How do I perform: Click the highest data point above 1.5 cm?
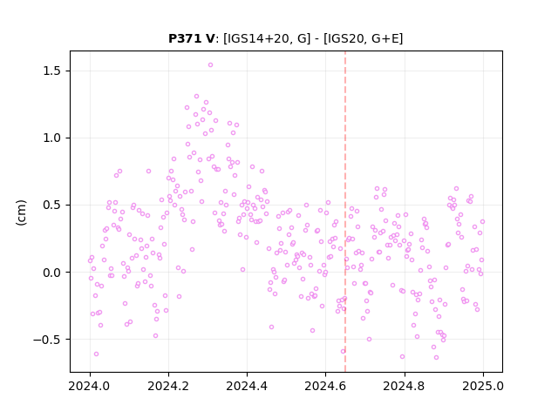210,65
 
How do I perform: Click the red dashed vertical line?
345,212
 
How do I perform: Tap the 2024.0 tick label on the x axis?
90,386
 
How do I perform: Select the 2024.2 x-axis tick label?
168,386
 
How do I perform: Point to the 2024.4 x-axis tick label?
247,386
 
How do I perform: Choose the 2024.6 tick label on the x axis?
325,386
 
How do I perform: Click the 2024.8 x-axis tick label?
404,386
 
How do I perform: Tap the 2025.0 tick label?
483,386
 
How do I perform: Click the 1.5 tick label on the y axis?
53,71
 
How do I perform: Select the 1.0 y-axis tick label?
53,138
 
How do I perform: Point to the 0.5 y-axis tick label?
53,206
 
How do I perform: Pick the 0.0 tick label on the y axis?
53,273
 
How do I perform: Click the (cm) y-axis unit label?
21,212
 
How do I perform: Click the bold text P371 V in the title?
191,38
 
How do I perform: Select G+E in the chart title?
385,38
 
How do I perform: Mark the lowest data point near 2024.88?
436,358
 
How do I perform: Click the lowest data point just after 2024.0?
96,354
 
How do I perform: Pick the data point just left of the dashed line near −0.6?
343,352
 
